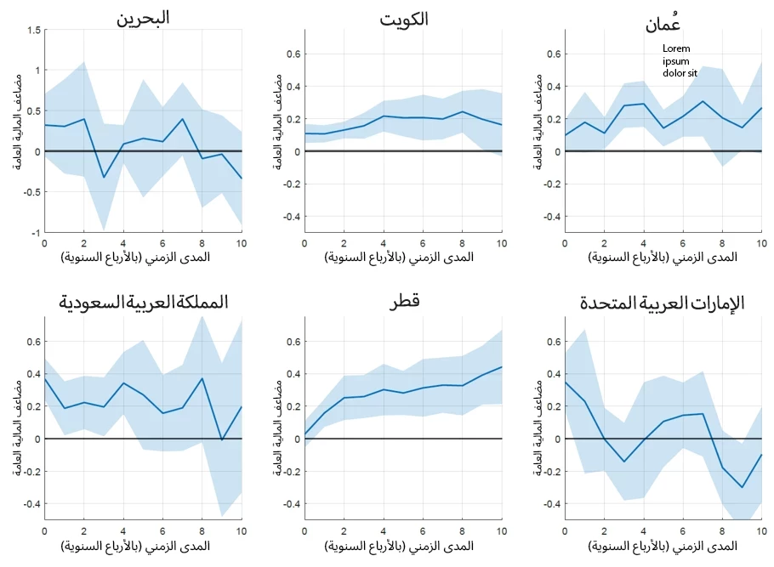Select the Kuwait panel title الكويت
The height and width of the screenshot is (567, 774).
(x=404, y=19)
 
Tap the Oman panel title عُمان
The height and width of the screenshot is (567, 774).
(x=663, y=23)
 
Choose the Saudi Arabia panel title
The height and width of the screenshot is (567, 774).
(x=143, y=302)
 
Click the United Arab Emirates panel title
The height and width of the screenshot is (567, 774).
(x=662, y=303)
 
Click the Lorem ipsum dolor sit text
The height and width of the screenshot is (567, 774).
(x=680, y=61)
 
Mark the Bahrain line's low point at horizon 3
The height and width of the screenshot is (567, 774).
(x=104, y=178)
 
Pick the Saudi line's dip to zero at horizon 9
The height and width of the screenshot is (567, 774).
(x=222, y=439)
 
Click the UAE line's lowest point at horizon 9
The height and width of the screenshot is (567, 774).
(x=743, y=487)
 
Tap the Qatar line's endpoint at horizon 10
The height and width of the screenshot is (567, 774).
(x=502, y=366)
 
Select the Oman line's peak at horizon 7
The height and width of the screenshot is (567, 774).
(x=703, y=101)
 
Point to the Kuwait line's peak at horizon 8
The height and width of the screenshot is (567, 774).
(x=462, y=111)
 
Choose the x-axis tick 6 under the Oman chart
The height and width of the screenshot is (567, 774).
(x=683, y=243)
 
